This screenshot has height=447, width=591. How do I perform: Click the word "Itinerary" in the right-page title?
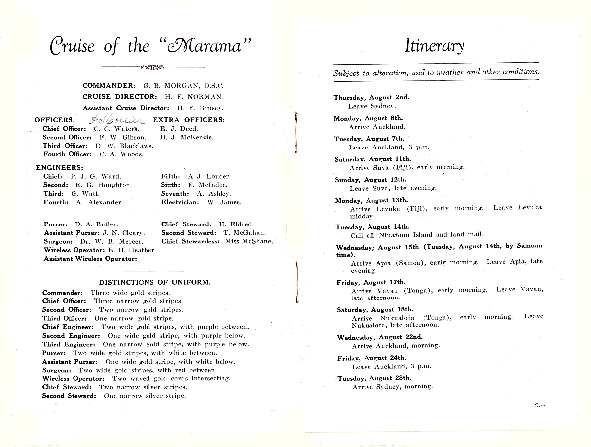(434, 46)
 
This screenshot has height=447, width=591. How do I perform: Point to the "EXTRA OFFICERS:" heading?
(189, 120)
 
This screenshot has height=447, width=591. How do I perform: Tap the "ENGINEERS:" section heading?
(60, 168)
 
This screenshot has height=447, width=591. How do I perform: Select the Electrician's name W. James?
(224, 202)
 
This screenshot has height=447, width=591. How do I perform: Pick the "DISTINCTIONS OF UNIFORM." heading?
(154, 282)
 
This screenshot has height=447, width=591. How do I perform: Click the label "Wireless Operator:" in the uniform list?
(73, 378)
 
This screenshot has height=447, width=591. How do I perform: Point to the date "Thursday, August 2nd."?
(371, 98)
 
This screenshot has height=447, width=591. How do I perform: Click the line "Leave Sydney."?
(372, 106)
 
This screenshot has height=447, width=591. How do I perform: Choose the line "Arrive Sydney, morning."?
(392, 387)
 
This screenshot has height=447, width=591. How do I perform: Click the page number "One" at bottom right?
(539, 406)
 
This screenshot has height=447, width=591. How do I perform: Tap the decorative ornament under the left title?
(152, 67)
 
